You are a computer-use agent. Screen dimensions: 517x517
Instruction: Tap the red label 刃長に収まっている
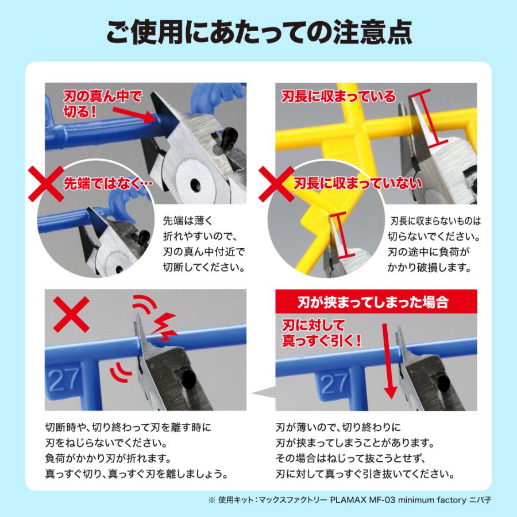[x=337, y=95]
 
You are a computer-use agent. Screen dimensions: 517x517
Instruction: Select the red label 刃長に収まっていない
[x=358, y=183]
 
